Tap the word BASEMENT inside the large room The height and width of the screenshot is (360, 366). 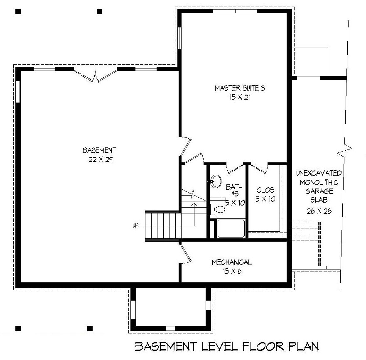pyautogui.click(x=99, y=150)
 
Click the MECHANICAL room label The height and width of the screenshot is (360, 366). pyautogui.click(x=231, y=262)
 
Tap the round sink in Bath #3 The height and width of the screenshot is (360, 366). pyautogui.click(x=216, y=181)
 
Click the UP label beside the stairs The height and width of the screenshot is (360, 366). pyautogui.click(x=135, y=225)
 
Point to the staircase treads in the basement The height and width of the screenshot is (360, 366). pyautogui.click(x=162, y=225)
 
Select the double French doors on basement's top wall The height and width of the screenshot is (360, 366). pyautogui.click(x=96, y=76)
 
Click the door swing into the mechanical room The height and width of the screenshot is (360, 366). pyautogui.click(x=186, y=253)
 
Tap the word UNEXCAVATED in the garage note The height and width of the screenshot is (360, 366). pyautogui.click(x=319, y=173)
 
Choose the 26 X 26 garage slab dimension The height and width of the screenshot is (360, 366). pyautogui.click(x=319, y=211)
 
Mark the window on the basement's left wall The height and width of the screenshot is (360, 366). pyautogui.click(x=18, y=91)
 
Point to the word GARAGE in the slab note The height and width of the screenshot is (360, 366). pyautogui.click(x=319, y=191)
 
